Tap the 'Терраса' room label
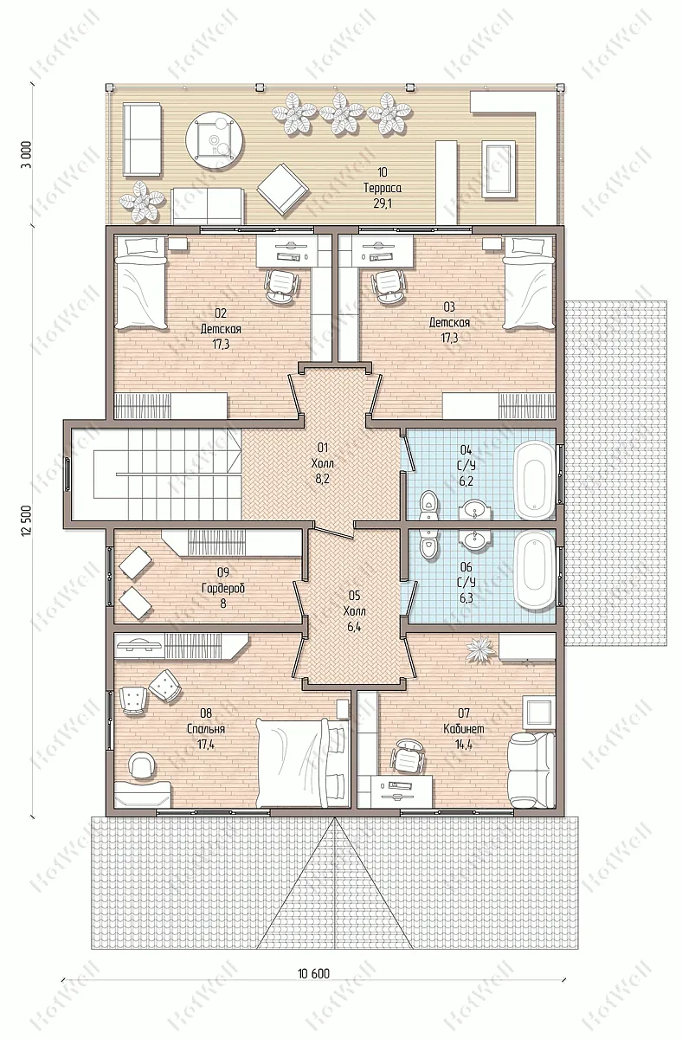[382, 188]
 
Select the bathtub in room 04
[535, 480]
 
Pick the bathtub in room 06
[535, 569]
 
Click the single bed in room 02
[140, 282]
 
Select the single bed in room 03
[529, 282]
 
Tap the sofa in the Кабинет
[531, 770]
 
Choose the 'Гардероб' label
[223, 588]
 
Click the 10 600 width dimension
[314, 973]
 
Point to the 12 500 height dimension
[26, 521]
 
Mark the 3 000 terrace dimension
[27, 154]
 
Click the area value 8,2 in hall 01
[322, 479]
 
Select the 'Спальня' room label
[206, 729]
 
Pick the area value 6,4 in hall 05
[354, 627]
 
